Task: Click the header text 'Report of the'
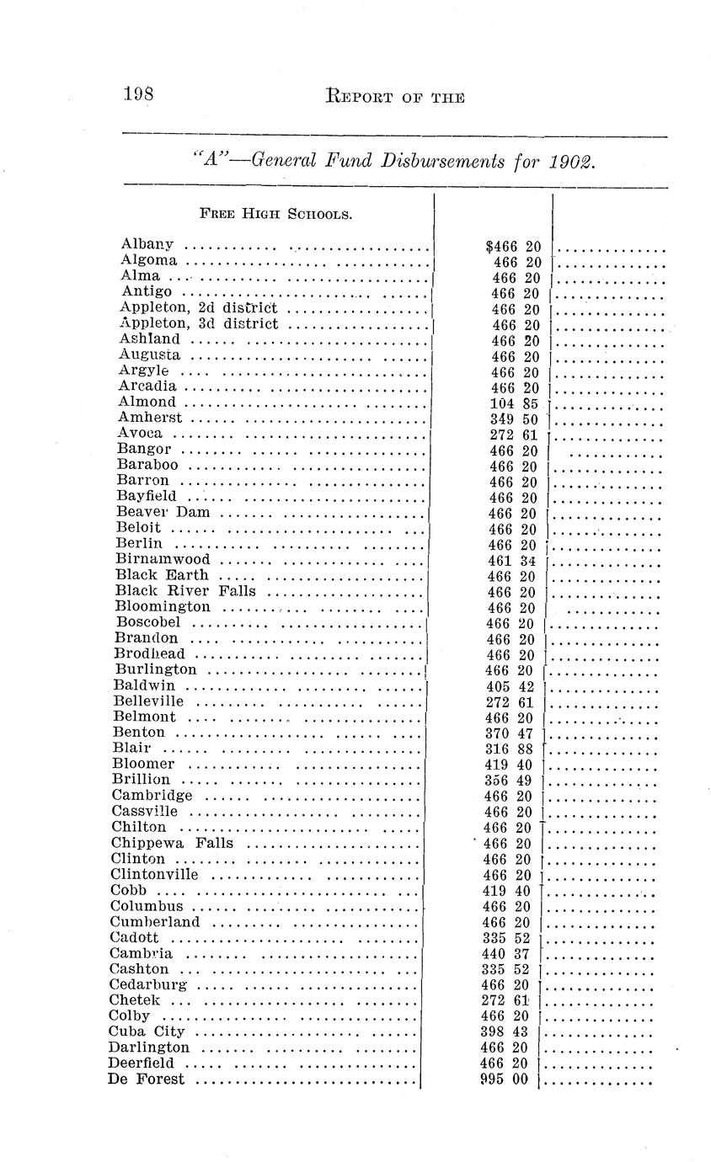[x=394, y=97]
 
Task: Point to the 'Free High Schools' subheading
[x=275, y=214]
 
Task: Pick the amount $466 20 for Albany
[x=514, y=247]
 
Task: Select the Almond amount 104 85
[x=514, y=403]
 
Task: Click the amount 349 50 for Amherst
[x=514, y=418]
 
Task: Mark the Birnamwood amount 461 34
[x=512, y=560]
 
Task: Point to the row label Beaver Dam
[x=163, y=512]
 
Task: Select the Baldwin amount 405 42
[x=511, y=685]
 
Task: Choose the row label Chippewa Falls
[x=172, y=843]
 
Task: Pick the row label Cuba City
[x=147, y=1031]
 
